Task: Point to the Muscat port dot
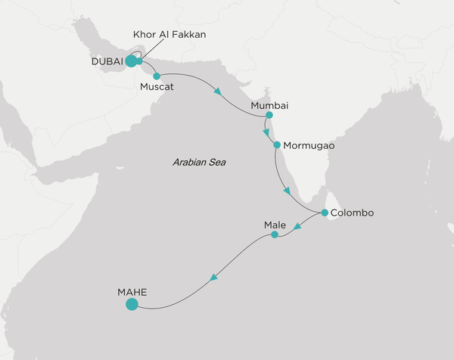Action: [x=157, y=76]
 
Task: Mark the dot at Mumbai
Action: [x=269, y=116]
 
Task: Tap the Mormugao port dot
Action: [x=277, y=144]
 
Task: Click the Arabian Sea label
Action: [x=199, y=163]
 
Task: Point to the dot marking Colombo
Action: [x=325, y=213]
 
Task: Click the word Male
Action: [x=275, y=225]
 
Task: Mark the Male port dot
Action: [x=275, y=235]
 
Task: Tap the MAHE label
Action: [x=132, y=290]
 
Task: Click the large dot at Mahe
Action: [x=132, y=305]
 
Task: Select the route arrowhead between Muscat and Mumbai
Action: [x=218, y=93]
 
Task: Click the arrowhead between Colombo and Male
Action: [x=298, y=228]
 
